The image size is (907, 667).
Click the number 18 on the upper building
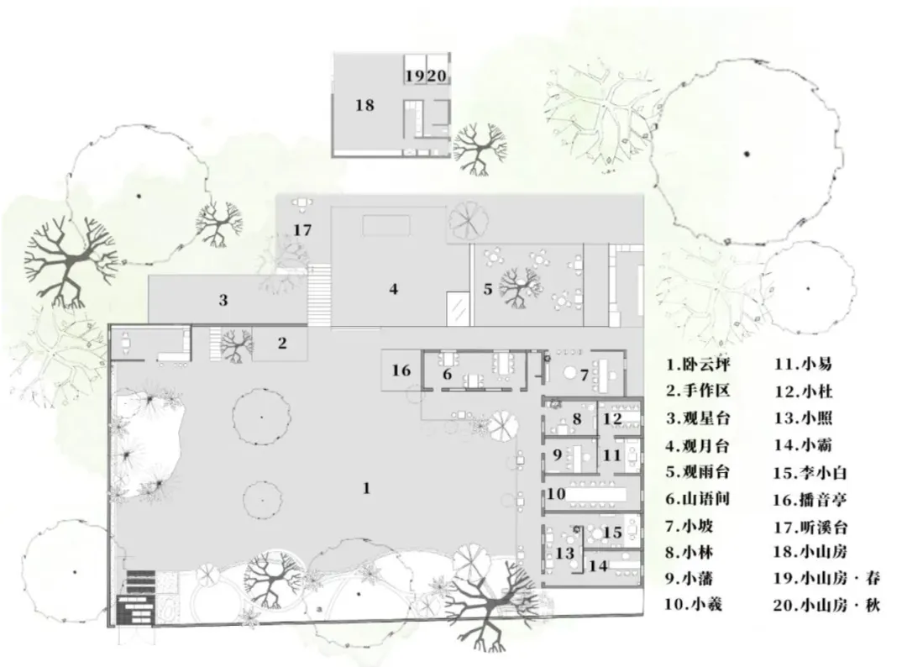pyautogui.click(x=365, y=105)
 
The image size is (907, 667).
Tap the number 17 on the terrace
pyautogui.click(x=302, y=230)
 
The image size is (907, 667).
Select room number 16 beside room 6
pyautogui.click(x=401, y=370)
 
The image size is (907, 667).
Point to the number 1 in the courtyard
pyautogui.click(x=366, y=488)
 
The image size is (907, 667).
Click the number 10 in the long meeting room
pyautogui.click(x=556, y=493)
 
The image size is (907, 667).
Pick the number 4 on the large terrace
pyautogui.click(x=394, y=289)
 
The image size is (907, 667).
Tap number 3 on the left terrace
pyautogui.click(x=223, y=300)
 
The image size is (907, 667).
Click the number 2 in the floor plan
pyautogui.click(x=282, y=343)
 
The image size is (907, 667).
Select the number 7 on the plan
pyautogui.click(x=585, y=376)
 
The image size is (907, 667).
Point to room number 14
pyautogui.click(x=598, y=565)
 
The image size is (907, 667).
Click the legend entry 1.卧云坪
pyautogui.click(x=698, y=364)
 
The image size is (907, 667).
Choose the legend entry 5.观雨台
pyautogui.click(x=698, y=471)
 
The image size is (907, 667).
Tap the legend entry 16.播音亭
pyautogui.click(x=810, y=499)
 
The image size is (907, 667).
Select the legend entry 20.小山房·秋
pyautogui.click(x=826, y=605)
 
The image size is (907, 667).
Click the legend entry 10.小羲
pyautogui.click(x=693, y=605)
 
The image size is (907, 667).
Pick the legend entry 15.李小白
pyautogui.click(x=810, y=473)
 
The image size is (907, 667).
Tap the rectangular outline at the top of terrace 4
pyautogui.click(x=386, y=226)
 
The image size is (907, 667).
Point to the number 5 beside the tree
pyautogui.click(x=488, y=289)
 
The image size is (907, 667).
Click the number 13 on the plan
pyautogui.click(x=564, y=554)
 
